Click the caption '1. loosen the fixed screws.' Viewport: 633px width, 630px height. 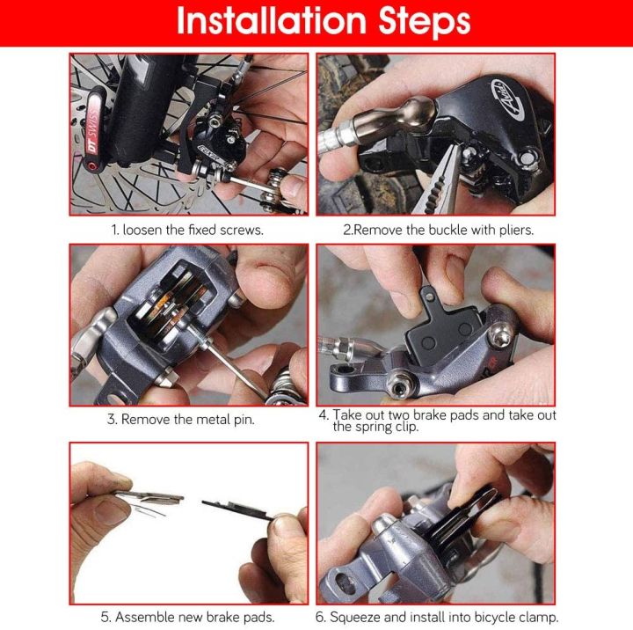[x=187, y=230]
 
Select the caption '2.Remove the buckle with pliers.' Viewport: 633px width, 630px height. [x=438, y=230]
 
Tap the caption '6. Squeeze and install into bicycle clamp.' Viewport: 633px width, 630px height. [x=438, y=618]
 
